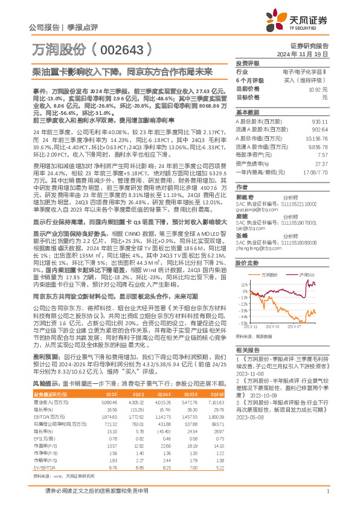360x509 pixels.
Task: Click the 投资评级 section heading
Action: (x=247, y=63)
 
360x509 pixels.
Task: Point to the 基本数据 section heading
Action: (x=247, y=112)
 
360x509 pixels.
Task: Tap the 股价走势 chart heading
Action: (x=247, y=264)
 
